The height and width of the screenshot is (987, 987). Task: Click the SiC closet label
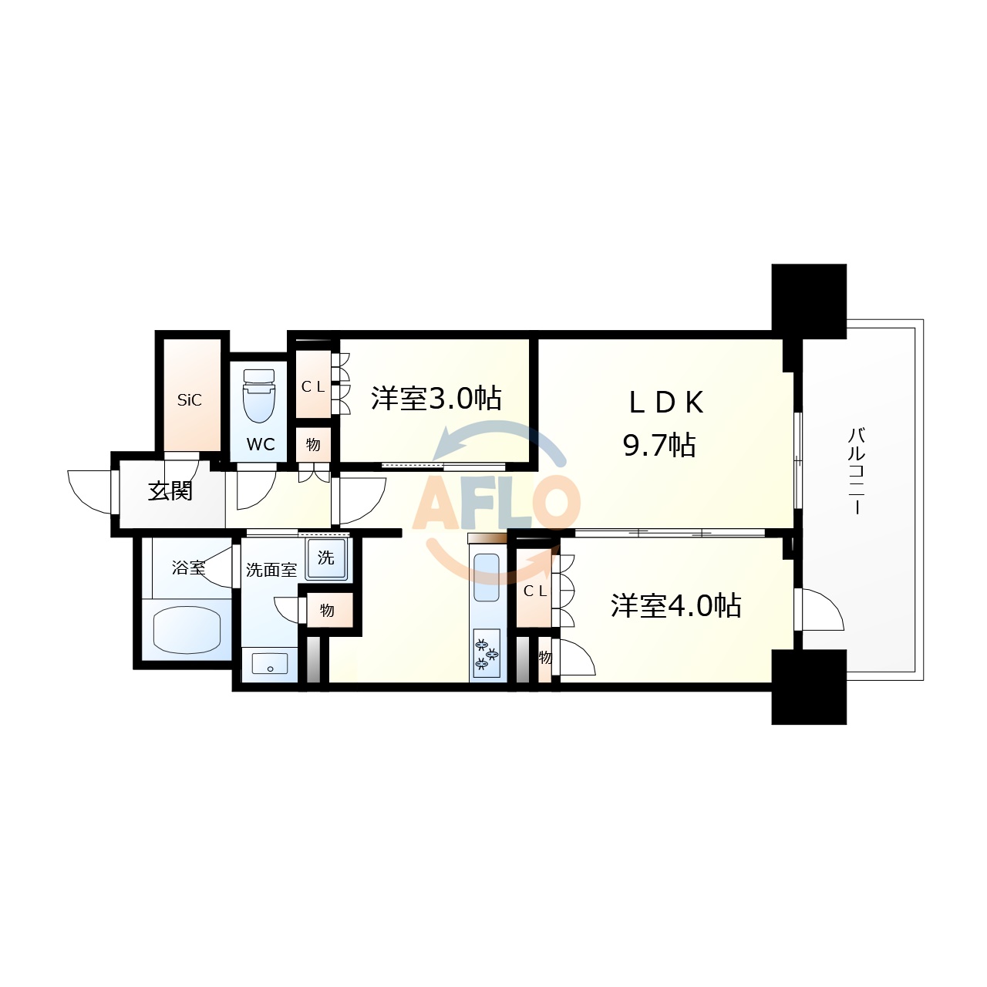point(190,400)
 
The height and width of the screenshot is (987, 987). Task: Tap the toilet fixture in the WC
point(258,395)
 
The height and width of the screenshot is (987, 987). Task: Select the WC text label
point(261,445)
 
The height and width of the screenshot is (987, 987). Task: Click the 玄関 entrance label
point(170,491)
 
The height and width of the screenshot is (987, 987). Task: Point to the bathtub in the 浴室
point(188,629)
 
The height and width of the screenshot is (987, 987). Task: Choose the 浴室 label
point(188,568)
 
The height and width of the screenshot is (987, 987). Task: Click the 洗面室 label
point(271,570)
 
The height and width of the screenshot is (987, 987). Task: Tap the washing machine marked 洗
point(326,558)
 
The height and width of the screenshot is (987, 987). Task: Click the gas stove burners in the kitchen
point(487,652)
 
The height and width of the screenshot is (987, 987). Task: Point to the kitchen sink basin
point(487,577)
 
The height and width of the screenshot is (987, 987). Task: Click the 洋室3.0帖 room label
point(436,399)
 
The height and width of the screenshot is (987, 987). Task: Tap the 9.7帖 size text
point(660,446)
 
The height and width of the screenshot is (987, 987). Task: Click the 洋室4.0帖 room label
point(676,606)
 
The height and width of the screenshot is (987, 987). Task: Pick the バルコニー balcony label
point(856,470)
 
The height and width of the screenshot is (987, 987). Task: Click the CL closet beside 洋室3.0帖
point(313,386)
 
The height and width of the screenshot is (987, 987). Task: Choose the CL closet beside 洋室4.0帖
point(535,591)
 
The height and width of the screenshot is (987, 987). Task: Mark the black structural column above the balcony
point(809,301)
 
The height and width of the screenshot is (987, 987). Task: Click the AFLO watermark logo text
point(497,504)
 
